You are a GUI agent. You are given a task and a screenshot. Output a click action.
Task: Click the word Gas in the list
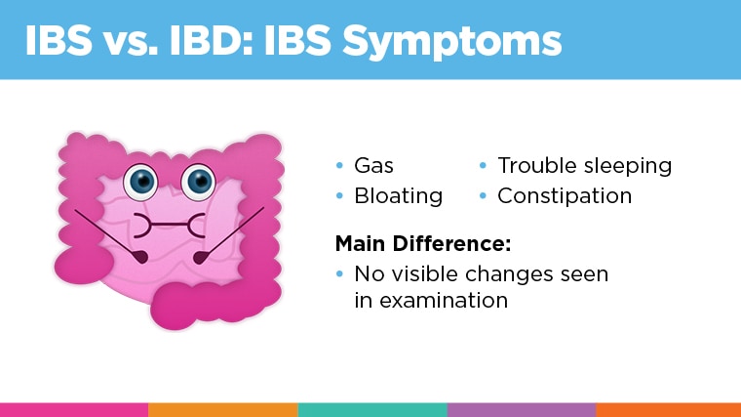(x=373, y=166)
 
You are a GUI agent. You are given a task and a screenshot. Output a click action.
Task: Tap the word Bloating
(x=398, y=196)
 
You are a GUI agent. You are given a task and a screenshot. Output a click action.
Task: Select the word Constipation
(x=565, y=196)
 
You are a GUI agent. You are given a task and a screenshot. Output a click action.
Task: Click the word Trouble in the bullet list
(x=532, y=166)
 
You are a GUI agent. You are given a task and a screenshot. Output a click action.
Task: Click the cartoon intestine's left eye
(x=143, y=180)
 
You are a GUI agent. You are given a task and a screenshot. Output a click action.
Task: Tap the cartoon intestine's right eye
(x=200, y=180)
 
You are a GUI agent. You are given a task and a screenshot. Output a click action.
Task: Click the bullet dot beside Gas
(x=339, y=166)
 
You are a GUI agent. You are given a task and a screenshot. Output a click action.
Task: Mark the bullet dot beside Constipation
(x=483, y=196)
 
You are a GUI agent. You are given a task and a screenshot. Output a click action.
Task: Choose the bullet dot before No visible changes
(x=339, y=273)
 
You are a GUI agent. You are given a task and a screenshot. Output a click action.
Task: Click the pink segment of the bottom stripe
(x=74, y=409)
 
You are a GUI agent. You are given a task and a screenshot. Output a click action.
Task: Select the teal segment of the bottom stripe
(x=371, y=409)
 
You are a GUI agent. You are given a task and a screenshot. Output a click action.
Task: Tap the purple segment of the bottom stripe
(x=521, y=409)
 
